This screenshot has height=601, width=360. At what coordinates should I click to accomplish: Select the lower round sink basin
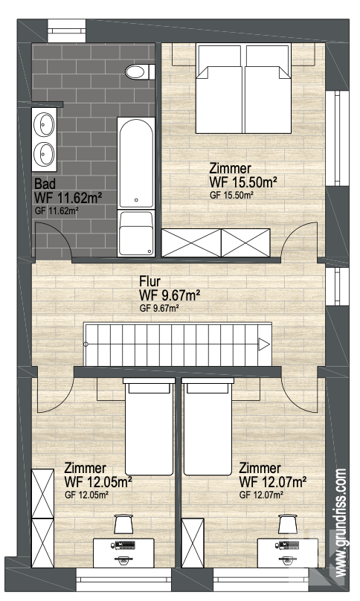[x=45, y=152]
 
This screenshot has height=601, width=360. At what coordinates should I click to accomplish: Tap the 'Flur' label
[x=150, y=282]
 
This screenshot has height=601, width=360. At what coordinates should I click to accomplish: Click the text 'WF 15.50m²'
[x=243, y=182]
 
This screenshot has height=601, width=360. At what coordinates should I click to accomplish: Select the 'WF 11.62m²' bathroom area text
[x=68, y=198]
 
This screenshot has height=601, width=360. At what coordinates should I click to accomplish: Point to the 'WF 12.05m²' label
[x=98, y=482]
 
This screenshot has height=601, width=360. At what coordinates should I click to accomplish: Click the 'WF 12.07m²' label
[x=273, y=482]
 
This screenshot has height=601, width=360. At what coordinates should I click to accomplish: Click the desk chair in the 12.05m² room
[x=122, y=524]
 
